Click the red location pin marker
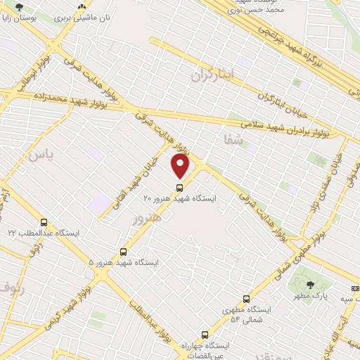(181, 166)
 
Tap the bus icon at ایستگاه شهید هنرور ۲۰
(180, 188)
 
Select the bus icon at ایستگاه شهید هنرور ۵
(124, 251)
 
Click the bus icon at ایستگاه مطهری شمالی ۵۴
(245, 298)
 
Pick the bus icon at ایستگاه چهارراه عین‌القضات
(204, 335)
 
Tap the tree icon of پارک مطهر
(310, 285)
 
